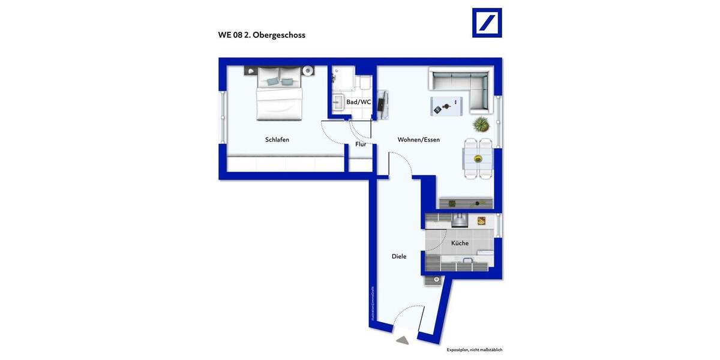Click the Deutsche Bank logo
pos(487,23)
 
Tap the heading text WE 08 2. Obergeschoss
pos(262,35)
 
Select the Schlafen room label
pos(277,140)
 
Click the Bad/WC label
pos(358,102)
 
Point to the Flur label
pos(361,144)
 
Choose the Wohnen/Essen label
pos(418,140)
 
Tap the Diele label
pos(399,256)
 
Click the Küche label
pos(460,243)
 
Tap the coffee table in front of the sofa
pos(446,106)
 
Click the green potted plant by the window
pos(481,125)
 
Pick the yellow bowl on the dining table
pos(478,159)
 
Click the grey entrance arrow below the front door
pos(402,340)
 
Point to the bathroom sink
pos(337,101)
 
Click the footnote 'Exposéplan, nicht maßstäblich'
pos(474,349)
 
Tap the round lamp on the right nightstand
pos(308,71)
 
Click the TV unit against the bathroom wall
pos(382,105)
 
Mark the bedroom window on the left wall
pos(223,118)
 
